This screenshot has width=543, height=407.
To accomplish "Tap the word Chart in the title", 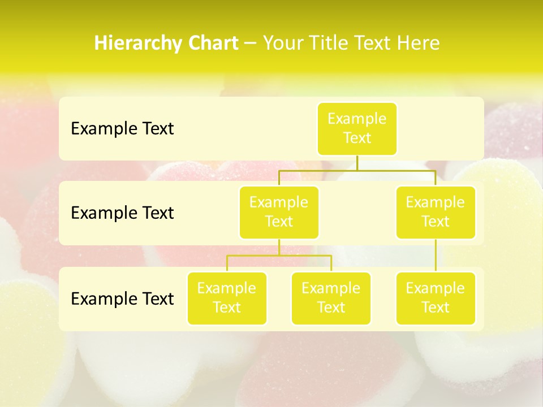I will click(213, 44).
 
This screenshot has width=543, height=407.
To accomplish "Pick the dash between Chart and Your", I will click(251, 44).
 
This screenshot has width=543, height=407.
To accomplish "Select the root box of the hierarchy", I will click(357, 128).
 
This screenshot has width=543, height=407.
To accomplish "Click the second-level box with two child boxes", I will click(279, 212).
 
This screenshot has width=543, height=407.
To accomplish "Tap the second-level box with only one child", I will click(436, 212).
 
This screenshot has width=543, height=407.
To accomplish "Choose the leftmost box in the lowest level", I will click(227, 298).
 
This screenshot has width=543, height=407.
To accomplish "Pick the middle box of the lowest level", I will click(331, 298).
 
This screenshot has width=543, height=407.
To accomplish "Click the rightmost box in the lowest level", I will click(436, 298).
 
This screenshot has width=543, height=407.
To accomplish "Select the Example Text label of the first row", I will click(122, 129).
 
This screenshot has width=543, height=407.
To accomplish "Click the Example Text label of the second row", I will click(122, 213).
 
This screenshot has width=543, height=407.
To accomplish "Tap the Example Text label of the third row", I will click(122, 298).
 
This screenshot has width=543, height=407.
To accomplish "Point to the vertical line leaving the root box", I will click(357, 163).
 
